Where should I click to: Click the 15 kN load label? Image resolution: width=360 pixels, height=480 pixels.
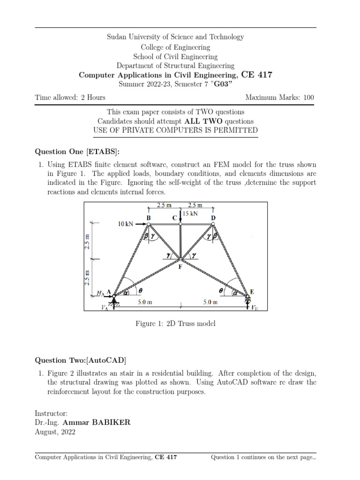190,213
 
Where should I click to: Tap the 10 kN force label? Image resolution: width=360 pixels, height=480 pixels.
126,225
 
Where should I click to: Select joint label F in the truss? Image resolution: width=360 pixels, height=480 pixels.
180,267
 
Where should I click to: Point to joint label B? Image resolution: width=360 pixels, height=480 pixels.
148,218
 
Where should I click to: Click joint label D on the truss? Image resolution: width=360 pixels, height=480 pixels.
213,218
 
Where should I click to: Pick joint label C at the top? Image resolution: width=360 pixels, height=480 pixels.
174,218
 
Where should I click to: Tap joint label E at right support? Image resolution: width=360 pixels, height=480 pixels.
252,292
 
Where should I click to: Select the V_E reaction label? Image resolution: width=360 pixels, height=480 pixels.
254,308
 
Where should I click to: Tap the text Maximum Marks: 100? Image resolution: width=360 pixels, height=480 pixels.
279,97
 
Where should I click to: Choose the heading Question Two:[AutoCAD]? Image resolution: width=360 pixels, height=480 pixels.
81,360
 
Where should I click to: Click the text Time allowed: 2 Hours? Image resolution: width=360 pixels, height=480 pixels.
70,97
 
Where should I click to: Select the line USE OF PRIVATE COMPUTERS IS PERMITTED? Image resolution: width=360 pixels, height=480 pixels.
175,130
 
